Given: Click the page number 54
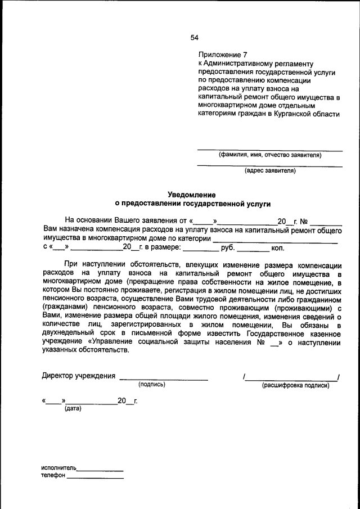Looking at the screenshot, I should tap(194, 38).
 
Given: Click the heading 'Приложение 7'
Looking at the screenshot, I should tap(223, 55).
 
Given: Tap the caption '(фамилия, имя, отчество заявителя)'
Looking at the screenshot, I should tap(269, 155).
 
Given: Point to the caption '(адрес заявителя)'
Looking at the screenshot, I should tap(269, 170).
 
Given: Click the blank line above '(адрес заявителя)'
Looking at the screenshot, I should tap(269, 166).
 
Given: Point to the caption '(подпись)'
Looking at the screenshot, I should tap(152, 385).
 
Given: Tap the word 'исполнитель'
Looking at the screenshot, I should tap(58, 468).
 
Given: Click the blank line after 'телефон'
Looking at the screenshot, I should tap(94, 478).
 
